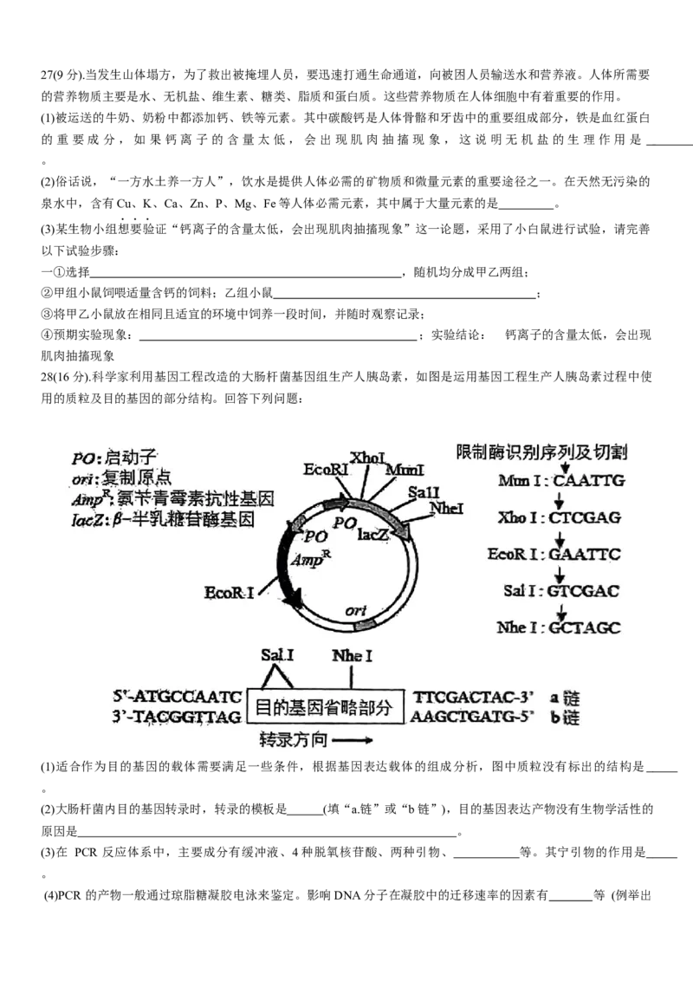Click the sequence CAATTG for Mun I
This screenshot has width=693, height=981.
tap(588, 480)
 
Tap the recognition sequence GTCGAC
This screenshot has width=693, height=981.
tap(585, 591)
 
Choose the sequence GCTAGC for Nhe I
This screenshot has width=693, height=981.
tap(585, 628)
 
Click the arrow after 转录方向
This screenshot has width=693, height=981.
tap(352, 742)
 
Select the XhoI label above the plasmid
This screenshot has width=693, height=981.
tap(368, 457)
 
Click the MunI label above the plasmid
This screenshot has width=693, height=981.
tap(405, 469)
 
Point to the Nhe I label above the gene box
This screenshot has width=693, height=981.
tap(352, 656)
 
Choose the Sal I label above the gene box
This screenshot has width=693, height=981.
tap(278, 656)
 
